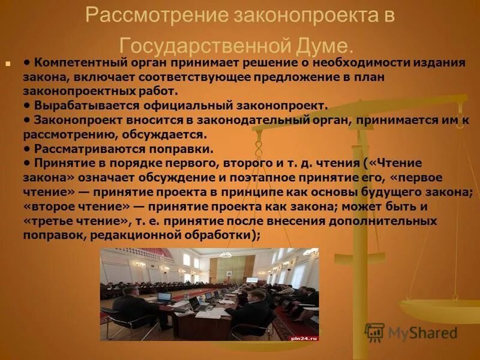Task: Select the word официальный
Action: click(188, 106)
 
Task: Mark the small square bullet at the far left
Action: click(8, 62)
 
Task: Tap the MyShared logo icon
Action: click(374, 332)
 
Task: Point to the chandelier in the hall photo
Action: click(226, 254)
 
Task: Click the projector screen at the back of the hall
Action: click(252, 280)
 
